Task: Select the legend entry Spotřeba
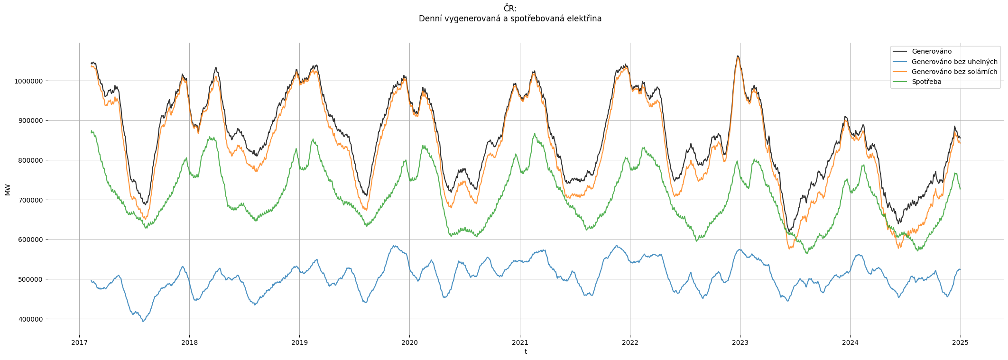(x=926, y=82)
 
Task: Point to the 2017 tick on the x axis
(x=79, y=342)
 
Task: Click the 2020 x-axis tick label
(x=409, y=342)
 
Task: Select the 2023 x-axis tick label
(x=740, y=342)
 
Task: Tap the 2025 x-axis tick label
(x=960, y=342)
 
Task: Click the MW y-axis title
(x=8, y=190)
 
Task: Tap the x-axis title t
(x=526, y=352)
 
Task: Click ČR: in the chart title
(x=510, y=9)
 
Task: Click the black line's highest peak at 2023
(x=738, y=56)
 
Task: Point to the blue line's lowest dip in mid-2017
(x=143, y=321)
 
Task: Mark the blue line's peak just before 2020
(x=394, y=246)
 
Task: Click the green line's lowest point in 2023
(x=806, y=253)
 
